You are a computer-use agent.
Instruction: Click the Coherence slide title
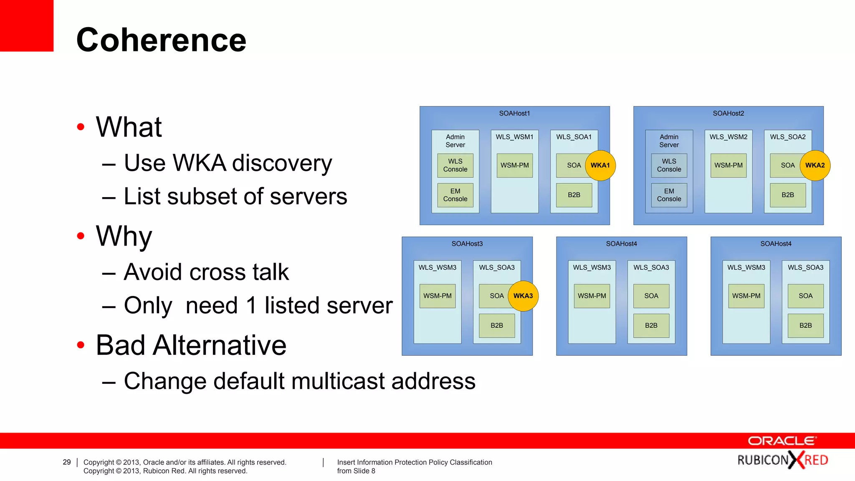tap(161, 40)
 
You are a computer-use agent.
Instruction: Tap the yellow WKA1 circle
tap(600, 165)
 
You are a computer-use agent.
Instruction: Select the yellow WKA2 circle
tap(815, 165)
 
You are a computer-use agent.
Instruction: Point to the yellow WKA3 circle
tap(523, 296)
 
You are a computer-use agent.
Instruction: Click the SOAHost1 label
tap(514, 114)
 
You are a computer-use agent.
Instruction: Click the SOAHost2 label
tap(728, 114)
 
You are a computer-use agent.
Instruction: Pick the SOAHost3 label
tap(467, 244)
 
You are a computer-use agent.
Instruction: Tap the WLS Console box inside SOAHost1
tap(455, 165)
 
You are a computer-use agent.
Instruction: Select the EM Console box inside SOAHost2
tap(669, 195)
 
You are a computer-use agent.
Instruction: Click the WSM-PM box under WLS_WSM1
tap(514, 165)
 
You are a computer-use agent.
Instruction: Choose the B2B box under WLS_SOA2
tap(787, 195)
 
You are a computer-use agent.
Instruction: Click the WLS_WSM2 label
tap(728, 137)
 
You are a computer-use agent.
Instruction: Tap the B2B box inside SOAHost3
tap(496, 326)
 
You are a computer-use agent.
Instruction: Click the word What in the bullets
tap(129, 127)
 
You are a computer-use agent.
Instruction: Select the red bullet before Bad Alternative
tap(81, 345)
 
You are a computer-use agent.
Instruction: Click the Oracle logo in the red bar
tap(782, 441)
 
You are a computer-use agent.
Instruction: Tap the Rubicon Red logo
tap(782, 460)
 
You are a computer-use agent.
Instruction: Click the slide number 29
tap(67, 462)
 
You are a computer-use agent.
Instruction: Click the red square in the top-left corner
tap(26, 25)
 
